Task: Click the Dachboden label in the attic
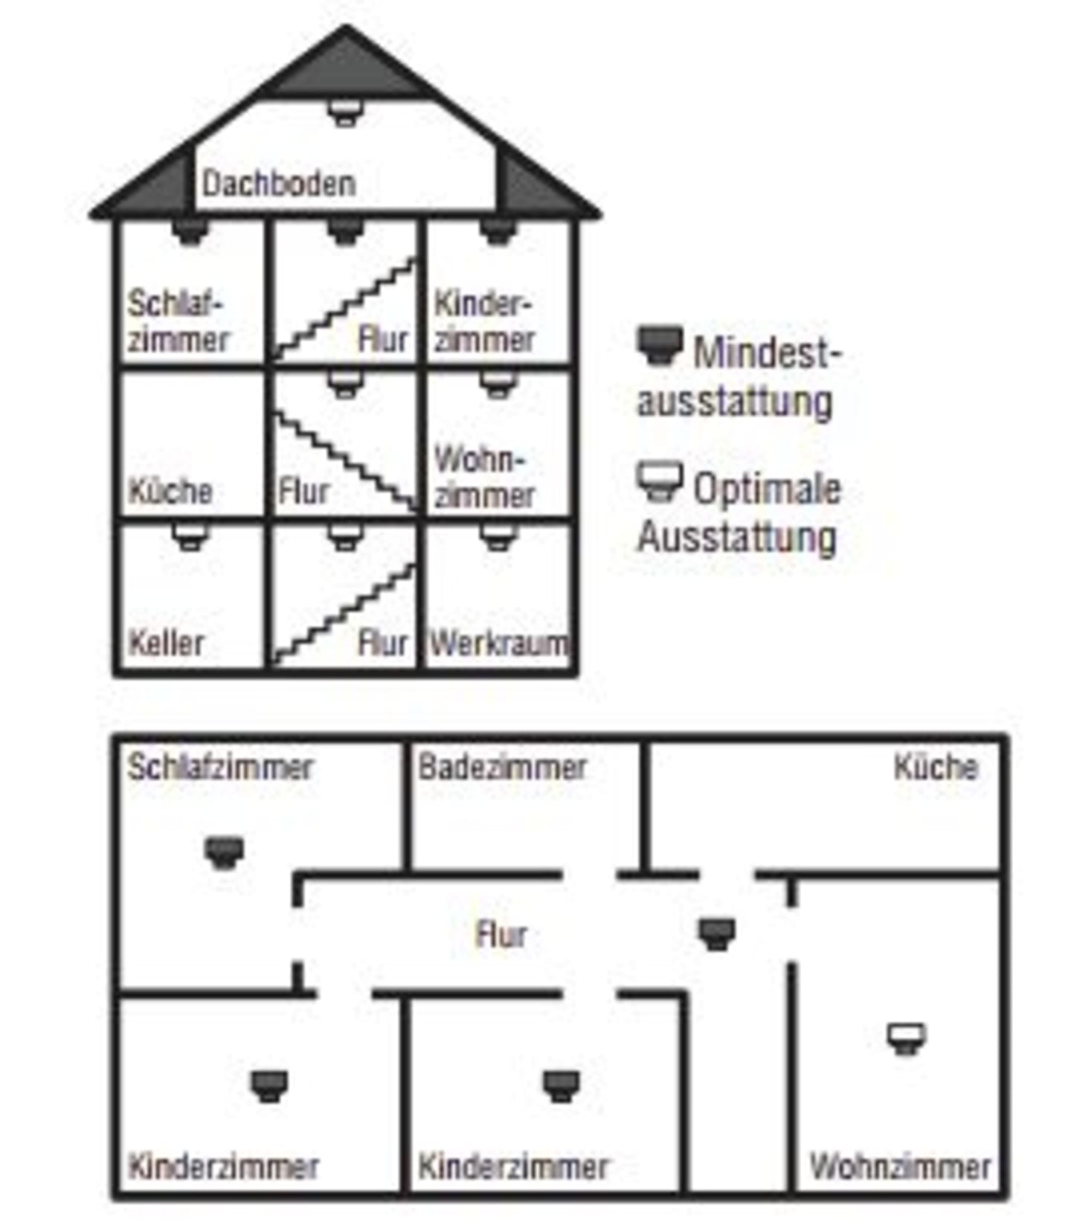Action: tap(279, 184)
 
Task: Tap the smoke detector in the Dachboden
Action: tap(345, 113)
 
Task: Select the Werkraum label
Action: tap(499, 643)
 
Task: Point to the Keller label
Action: tap(166, 643)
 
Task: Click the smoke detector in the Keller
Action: tap(190, 537)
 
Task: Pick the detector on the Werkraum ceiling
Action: tap(498, 537)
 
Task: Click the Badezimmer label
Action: tap(502, 767)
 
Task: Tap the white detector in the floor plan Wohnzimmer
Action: tap(907, 1038)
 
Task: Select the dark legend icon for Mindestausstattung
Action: tap(660, 345)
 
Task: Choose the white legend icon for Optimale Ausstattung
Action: tap(660, 481)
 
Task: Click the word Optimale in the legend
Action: tap(767, 489)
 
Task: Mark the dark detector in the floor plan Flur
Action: tap(717, 933)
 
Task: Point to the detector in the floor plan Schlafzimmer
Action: tap(224, 853)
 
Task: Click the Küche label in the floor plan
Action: tap(936, 767)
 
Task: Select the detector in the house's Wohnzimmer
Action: tap(498, 385)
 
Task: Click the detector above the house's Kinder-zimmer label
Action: tap(498, 231)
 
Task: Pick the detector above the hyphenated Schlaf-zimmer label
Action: tap(190, 231)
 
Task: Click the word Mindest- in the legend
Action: tap(767, 352)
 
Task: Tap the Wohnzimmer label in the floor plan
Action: tap(900, 1166)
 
